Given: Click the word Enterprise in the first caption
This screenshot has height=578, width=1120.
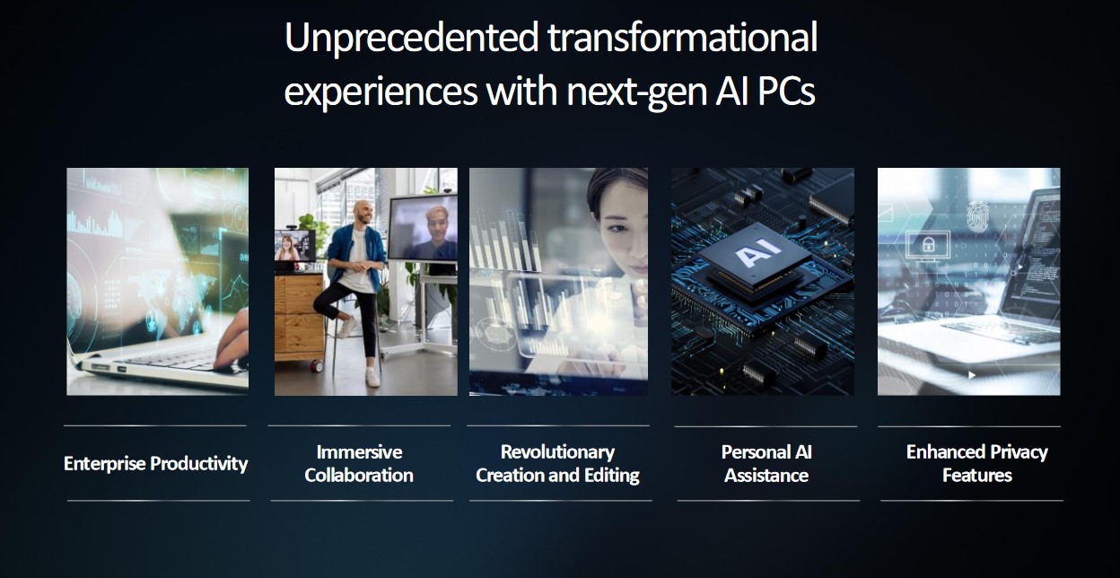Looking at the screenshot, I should [104, 463].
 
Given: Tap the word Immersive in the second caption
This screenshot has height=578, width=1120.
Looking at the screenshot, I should [359, 451].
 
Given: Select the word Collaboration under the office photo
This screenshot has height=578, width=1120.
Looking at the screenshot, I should [359, 475].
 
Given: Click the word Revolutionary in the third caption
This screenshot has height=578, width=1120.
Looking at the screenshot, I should [557, 451].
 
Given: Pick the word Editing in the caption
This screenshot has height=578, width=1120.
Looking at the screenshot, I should [608, 475].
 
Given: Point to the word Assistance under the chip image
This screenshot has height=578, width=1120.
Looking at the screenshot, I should [766, 475].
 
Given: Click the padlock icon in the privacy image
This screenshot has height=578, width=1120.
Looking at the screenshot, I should [929, 243].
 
